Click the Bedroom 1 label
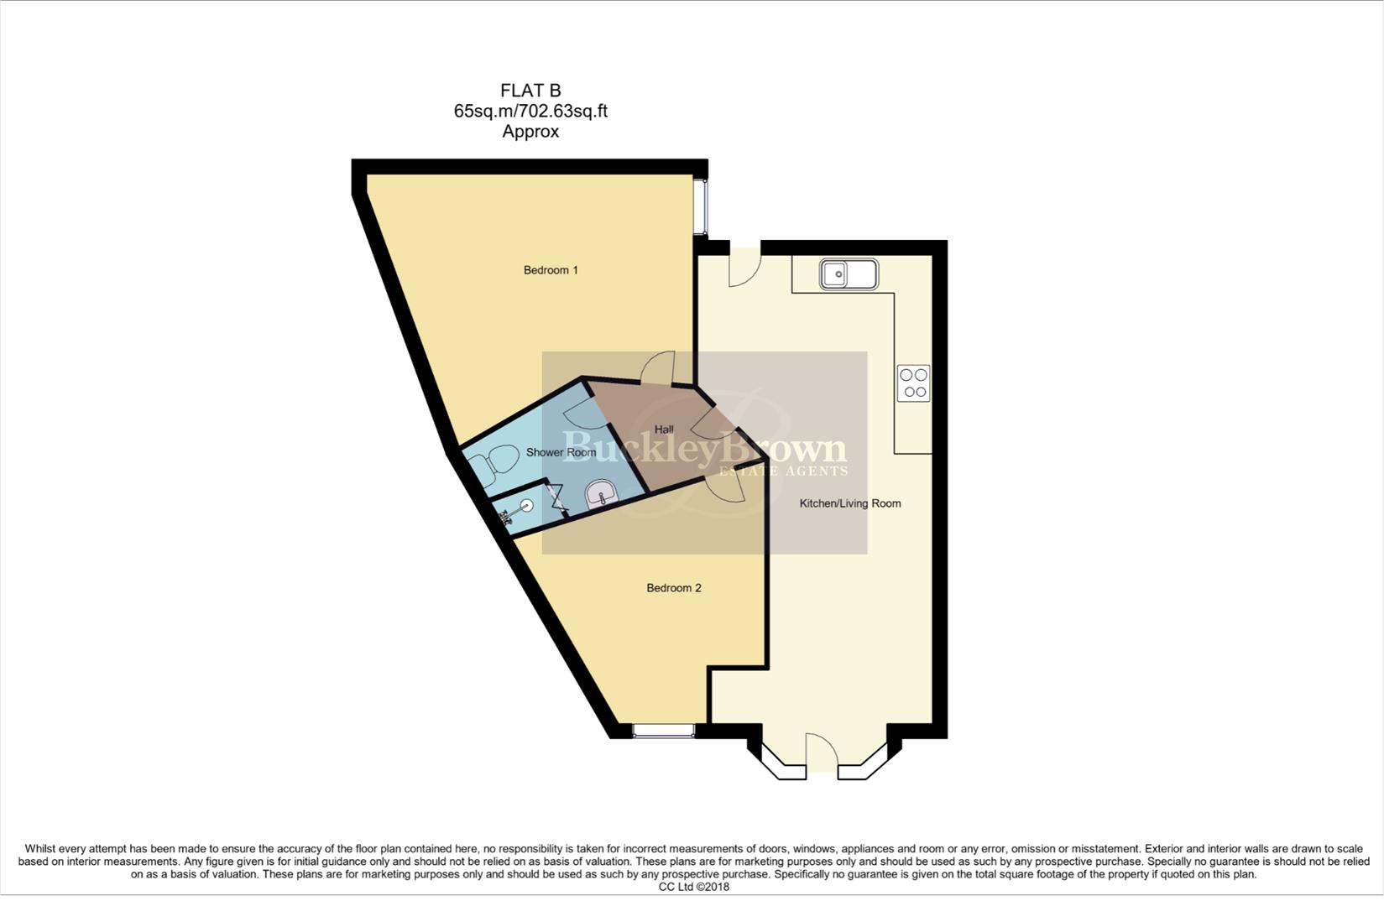pos(551,270)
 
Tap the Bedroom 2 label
pos(673,588)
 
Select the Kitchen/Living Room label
pos(849,503)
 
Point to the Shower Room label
pos(561,452)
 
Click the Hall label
pos(664,430)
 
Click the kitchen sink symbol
pos(849,274)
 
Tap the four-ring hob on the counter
pos(913,383)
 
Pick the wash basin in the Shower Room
pos(601,495)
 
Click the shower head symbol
pos(526,505)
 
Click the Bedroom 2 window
pos(663,732)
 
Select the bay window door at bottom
pos(821,752)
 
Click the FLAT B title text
pos(530,91)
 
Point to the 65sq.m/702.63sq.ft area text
pos(530,111)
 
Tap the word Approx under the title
pos(530,132)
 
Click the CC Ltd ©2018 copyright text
pos(693,887)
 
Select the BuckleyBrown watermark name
pos(703,447)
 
